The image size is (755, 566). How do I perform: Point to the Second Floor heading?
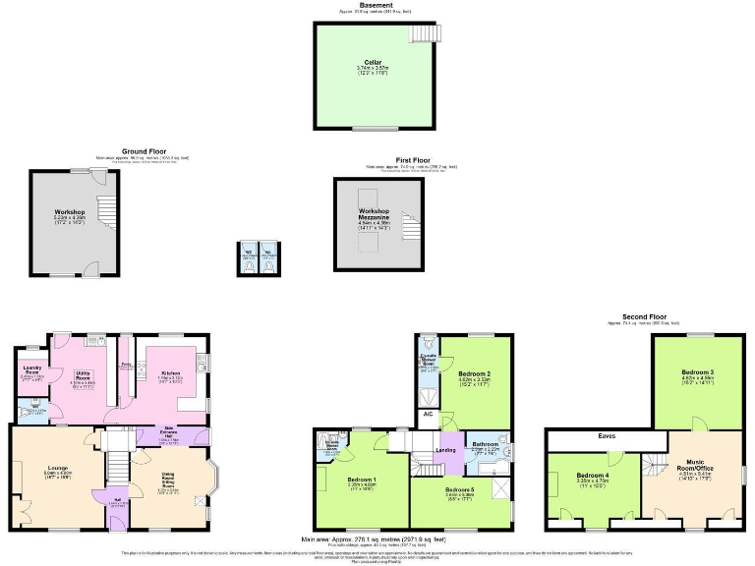pyautogui.click(x=644, y=317)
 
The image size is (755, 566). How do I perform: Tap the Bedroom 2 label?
pyautogui.click(x=476, y=376)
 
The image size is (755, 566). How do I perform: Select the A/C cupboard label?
pyautogui.click(x=428, y=414)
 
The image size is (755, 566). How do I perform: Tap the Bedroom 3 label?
pyautogui.click(x=698, y=374)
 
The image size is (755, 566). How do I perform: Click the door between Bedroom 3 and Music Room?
pyautogui.click(x=699, y=429)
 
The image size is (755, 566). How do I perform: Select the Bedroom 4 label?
pyautogui.click(x=594, y=479)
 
